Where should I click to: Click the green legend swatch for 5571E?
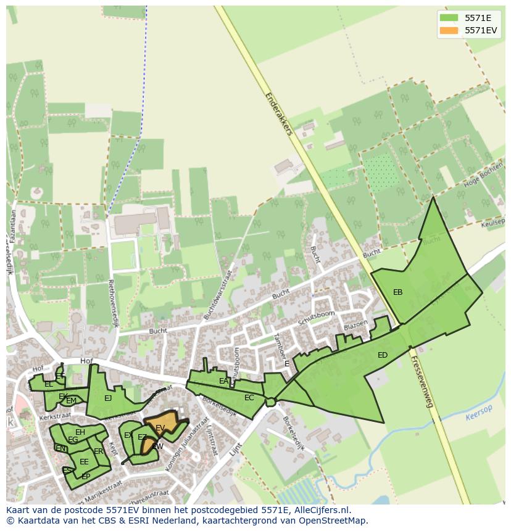pyautogui.click(x=449, y=18)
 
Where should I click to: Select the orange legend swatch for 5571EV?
pyautogui.click(x=449, y=30)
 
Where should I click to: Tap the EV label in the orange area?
pyautogui.click(x=160, y=427)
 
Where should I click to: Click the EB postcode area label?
pyautogui.click(x=397, y=292)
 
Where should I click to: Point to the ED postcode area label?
pyautogui.click(x=383, y=355)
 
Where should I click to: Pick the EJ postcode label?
pyautogui.click(x=108, y=398)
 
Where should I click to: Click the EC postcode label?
pyautogui.click(x=249, y=398)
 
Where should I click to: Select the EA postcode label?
pyautogui.click(x=223, y=381)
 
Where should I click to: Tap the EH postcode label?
pyautogui.click(x=80, y=432)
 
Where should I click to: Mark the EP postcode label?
pyautogui.click(x=86, y=477)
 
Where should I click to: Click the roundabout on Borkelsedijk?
pyautogui.click(x=270, y=402)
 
